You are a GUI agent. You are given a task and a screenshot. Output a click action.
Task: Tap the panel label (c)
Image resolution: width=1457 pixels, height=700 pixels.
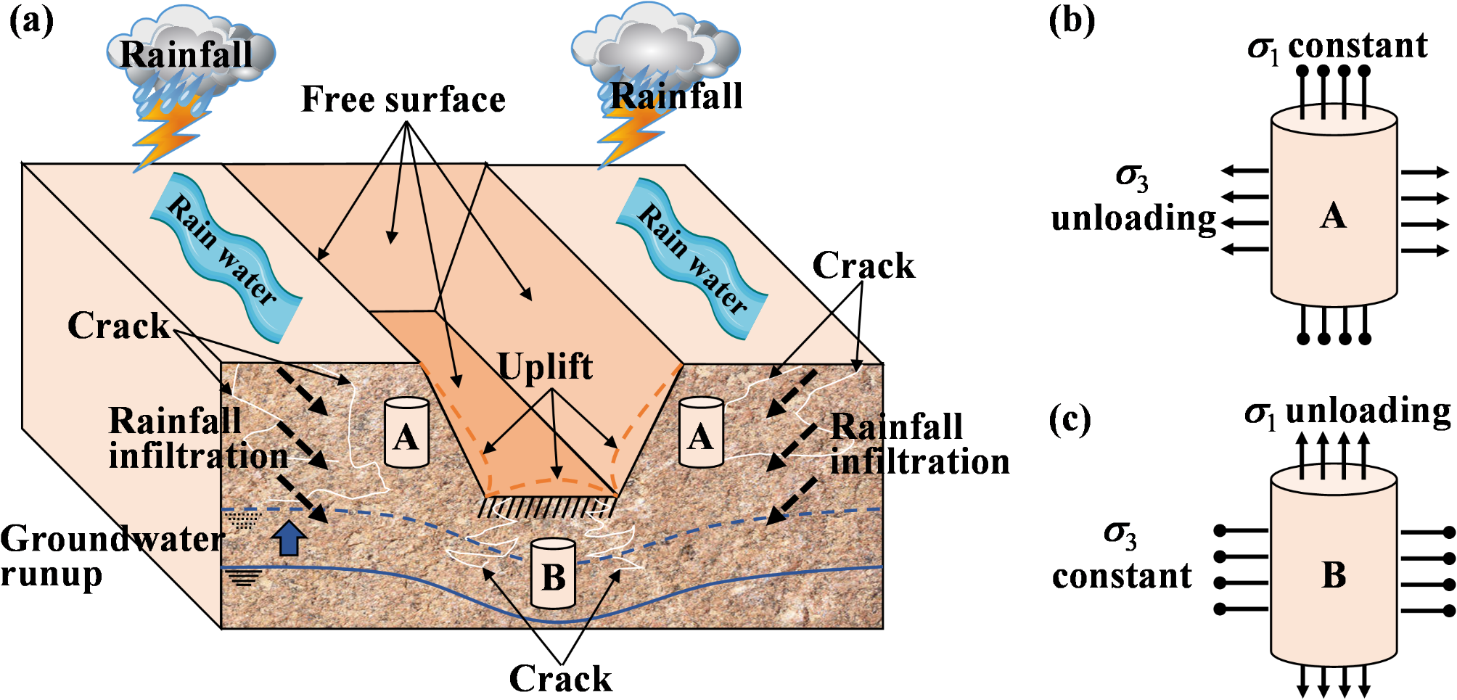tap(1070, 420)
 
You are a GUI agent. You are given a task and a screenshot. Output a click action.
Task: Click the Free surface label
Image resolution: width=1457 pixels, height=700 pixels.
tap(403, 99)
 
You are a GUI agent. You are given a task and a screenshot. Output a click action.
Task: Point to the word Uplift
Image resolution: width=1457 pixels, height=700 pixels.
tap(545, 366)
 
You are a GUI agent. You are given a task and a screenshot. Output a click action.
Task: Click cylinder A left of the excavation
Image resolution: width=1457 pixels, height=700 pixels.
tap(406, 432)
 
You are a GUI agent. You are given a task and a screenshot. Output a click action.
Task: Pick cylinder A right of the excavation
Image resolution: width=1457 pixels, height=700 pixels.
tap(701, 432)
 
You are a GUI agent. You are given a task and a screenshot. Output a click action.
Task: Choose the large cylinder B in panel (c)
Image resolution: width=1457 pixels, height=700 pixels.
tap(1334, 573)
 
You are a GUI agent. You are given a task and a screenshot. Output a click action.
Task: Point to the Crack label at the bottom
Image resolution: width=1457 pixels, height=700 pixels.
tap(560, 679)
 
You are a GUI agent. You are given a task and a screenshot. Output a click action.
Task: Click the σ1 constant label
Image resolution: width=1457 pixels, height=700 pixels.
tap(1337, 46)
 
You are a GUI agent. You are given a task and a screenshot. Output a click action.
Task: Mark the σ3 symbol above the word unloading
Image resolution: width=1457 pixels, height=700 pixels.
tap(1132, 176)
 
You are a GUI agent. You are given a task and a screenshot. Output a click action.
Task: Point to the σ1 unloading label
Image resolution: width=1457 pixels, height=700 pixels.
tap(1347, 412)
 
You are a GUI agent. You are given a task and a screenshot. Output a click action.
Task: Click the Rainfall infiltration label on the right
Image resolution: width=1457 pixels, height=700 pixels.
tap(919, 444)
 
